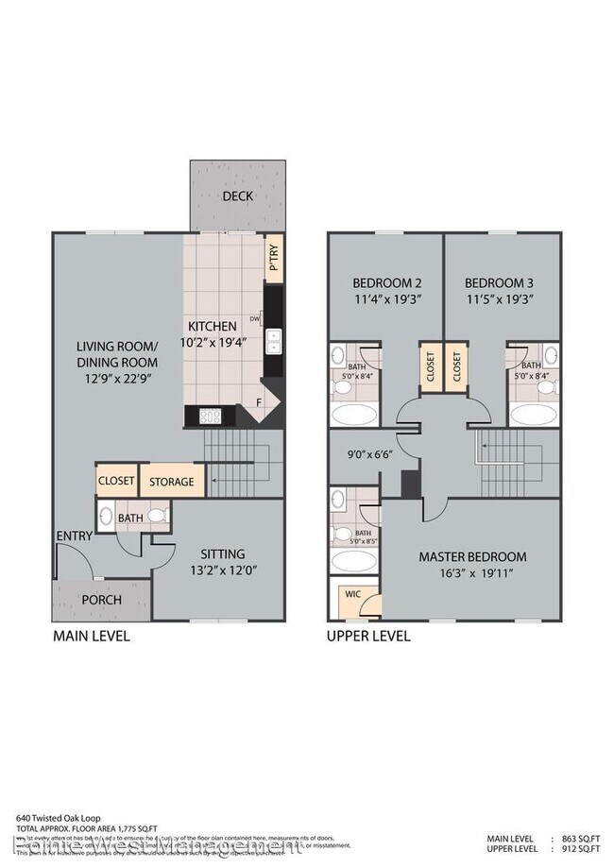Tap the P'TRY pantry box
coord(274,259)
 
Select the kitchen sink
coord(274,341)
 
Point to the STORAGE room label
coord(172,482)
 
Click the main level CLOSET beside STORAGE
coord(116,481)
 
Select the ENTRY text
coord(75,536)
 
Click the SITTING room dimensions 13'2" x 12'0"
coord(223,572)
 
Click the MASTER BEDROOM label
coord(472,556)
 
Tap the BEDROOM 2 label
coord(385,282)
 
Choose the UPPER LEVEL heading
coord(368,637)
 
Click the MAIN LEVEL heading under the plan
coord(91,637)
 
